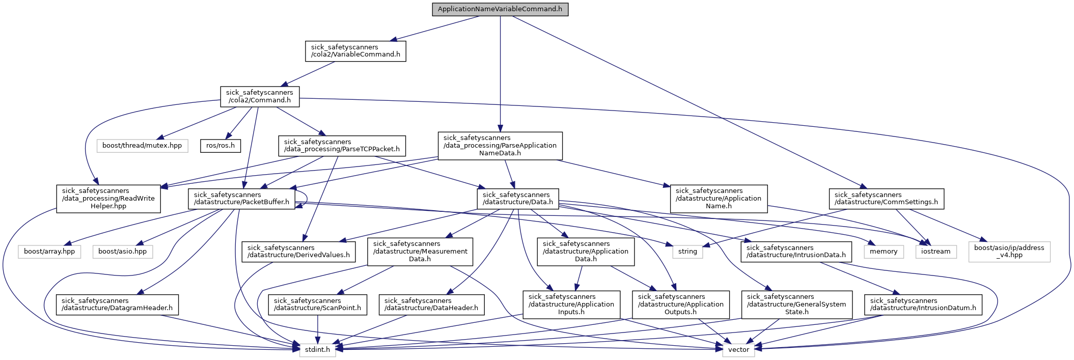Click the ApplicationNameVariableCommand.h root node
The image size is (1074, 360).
500,10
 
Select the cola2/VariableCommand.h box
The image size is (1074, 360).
355,51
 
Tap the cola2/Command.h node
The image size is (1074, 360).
260,96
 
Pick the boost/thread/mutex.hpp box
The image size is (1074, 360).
142,146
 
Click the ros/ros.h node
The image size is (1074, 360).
221,146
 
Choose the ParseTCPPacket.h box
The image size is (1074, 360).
342,146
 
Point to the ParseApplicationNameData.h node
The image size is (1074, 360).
500,146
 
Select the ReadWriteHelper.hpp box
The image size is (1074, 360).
108,199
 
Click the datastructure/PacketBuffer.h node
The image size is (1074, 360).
241,199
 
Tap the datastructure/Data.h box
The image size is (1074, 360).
517,199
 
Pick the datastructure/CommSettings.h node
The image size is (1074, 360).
886,199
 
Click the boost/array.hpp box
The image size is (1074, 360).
49,252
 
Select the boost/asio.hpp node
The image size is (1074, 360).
122,252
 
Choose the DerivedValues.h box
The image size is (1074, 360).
298,252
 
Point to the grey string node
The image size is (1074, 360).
687,252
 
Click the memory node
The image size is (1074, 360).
884,252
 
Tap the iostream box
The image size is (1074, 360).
935,252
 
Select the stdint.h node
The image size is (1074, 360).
317,350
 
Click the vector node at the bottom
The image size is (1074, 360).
738,350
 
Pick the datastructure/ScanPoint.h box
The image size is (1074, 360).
318,304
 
